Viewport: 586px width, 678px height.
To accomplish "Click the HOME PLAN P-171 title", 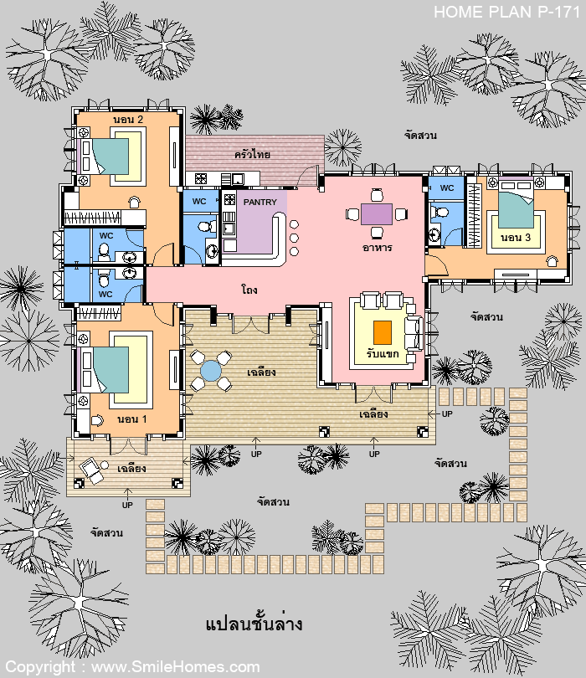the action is pyautogui.click(x=506, y=12).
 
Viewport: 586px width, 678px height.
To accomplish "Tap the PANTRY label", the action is pyautogui.click(x=260, y=202).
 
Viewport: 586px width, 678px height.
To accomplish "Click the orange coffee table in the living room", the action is pyautogui.click(x=383, y=332).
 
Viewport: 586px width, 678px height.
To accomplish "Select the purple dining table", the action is pyautogui.click(x=377, y=214).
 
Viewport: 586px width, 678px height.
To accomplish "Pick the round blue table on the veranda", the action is pyautogui.click(x=211, y=371).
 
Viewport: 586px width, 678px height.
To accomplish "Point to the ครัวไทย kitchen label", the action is pyautogui.click(x=253, y=154).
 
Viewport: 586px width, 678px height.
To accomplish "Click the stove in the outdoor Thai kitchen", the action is pyautogui.click(x=201, y=178).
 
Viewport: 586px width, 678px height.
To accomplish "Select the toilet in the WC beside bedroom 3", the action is pyautogui.click(x=440, y=213).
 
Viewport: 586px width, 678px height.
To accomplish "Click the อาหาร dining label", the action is pyautogui.click(x=377, y=248).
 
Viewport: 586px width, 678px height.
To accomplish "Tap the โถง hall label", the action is pyautogui.click(x=249, y=289).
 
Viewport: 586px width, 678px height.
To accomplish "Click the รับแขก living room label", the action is pyautogui.click(x=383, y=354).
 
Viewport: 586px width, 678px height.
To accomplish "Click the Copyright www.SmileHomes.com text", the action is pyautogui.click(x=132, y=667).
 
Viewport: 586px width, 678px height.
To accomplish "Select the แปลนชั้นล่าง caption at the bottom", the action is pyautogui.click(x=254, y=623).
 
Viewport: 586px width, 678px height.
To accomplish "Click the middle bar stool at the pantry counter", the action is pyautogui.click(x=294, y=238).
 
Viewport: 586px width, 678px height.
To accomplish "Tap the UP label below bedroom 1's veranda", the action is pyautogui.click(x=127, y=505).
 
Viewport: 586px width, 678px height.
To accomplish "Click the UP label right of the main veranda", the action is pyautogui.click(x=447, y=413).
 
